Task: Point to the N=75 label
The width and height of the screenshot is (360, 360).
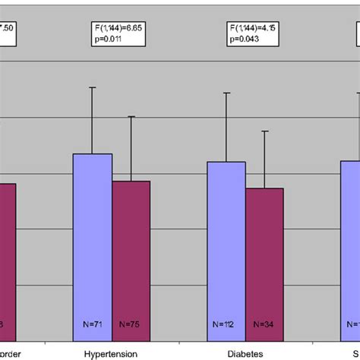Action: click(x=131, y=325)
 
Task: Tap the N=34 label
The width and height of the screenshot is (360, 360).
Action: click(x=264, y=325)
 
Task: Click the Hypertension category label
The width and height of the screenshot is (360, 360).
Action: click(x=111, y=352)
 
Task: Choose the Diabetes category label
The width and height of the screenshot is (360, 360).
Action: click(x=245, y=352)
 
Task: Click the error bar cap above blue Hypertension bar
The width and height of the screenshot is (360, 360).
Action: click(x=93, y=87)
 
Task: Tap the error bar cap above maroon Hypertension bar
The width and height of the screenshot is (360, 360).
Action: click(x=131, y=116)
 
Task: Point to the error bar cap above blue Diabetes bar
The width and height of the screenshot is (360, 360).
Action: click(x=226, y=93)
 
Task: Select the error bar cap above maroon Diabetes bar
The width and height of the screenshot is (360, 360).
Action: click(x=264, y=131)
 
